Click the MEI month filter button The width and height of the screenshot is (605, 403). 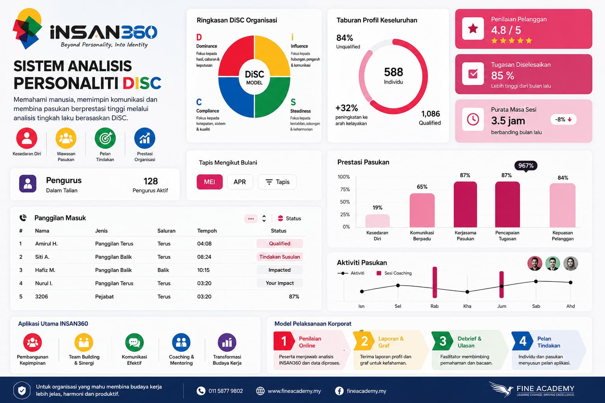click(210, 182)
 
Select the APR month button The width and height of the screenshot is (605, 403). click(240, 182)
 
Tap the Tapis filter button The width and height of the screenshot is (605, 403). click(277, 182)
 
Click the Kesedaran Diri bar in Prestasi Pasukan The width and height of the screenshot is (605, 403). click(377, 220)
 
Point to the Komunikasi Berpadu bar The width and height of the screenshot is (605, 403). click(422, 210)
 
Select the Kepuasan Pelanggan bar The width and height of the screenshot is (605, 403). click(562, 205)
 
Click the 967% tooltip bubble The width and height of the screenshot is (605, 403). click(526, 165)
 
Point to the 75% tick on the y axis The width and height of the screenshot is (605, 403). click(345, 189)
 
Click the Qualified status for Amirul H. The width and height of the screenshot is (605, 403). click(280, 244)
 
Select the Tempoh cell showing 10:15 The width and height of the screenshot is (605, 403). click(203, 270)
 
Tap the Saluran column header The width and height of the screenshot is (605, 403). click(166, 231)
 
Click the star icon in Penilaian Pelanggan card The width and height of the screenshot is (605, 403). click(473, 29)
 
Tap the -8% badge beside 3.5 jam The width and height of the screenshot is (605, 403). click(563, 120)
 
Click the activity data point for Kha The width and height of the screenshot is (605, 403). click(467, 292)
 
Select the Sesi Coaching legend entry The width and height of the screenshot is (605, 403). click(394, 273)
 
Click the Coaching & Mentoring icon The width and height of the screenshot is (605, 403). click(181, 342)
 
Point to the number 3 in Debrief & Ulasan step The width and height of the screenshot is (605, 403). click(443, 341)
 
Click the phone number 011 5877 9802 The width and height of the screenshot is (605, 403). click(226, 391)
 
